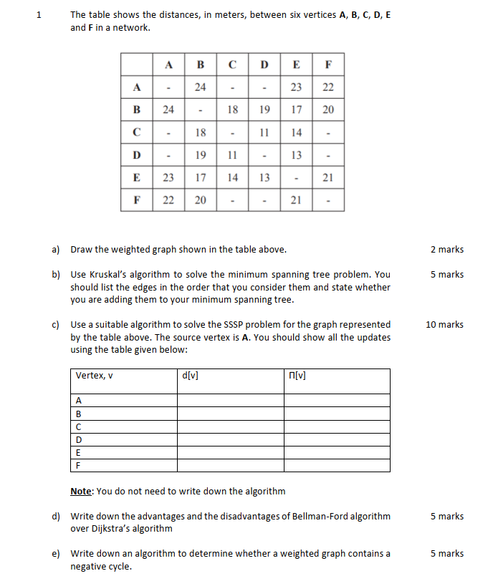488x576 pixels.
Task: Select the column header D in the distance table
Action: tap(264, 64)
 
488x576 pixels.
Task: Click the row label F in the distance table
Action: tap(137, 200)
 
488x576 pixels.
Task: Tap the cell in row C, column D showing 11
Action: tap(264, 132)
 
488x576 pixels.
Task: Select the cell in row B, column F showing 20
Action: tap(328, 110)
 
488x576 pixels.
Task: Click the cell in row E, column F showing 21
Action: tap(328, 177)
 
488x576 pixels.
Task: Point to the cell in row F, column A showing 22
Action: tap(168, 200)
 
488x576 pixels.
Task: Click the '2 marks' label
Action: tap(447, 250)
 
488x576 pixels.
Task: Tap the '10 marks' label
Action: tap(444, 325)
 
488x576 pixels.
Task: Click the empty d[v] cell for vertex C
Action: tap(230, 426)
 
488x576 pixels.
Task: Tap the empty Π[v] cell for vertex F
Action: tap(337, 465)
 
